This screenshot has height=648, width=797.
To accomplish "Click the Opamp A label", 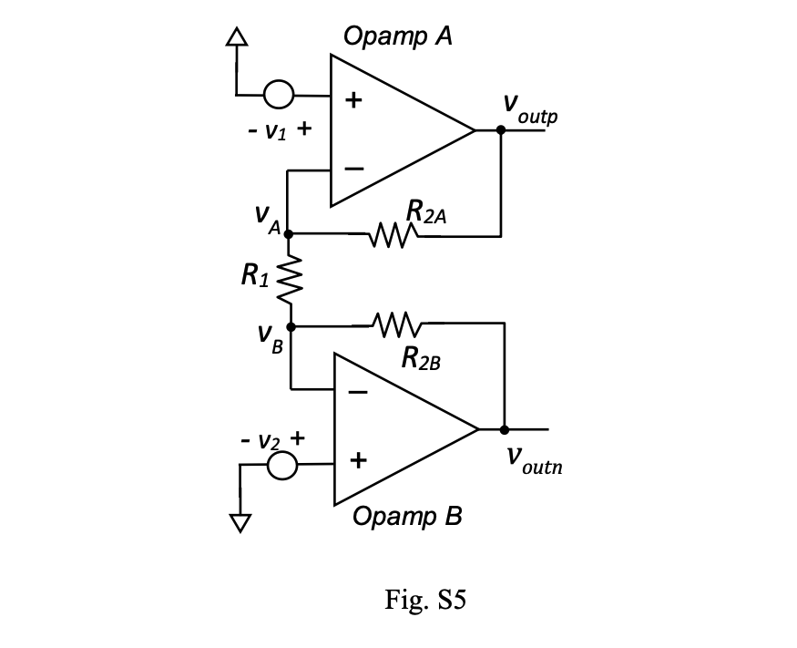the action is tap(398, 36).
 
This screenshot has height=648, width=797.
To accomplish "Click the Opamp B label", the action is tap(407, 516).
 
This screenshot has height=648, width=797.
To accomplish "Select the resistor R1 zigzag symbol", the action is tap(290, 280).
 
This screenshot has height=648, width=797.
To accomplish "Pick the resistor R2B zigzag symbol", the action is tap(397, 324).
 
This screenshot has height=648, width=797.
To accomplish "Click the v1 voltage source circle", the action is tap(279, 95).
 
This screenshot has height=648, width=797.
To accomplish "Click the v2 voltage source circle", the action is tap(282, 465).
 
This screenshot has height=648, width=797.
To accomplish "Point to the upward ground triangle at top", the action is tap(237, 37).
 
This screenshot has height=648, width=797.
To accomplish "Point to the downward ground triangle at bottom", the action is tap(240, 523).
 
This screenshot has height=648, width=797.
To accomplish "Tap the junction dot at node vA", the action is tap(288, 234).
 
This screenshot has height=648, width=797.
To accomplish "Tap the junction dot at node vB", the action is tap(291, 326).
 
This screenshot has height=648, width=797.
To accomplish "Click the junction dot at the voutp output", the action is tap(501, 130).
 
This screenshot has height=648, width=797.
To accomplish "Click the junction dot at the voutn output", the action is tap(505, 430).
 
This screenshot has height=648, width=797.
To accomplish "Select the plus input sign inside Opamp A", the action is tap(353, 99).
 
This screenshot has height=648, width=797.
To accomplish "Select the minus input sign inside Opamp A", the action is tap(354, 169).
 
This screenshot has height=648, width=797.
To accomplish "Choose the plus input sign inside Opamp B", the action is tap(358, 460).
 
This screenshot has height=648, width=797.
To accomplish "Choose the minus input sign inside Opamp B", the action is tap(358, 392).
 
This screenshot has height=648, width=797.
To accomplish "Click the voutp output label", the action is tap(530, 108).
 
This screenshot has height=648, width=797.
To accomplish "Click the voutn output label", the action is tap(535, 461).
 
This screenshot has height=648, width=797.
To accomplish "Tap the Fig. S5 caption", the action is tap(425, 599).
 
